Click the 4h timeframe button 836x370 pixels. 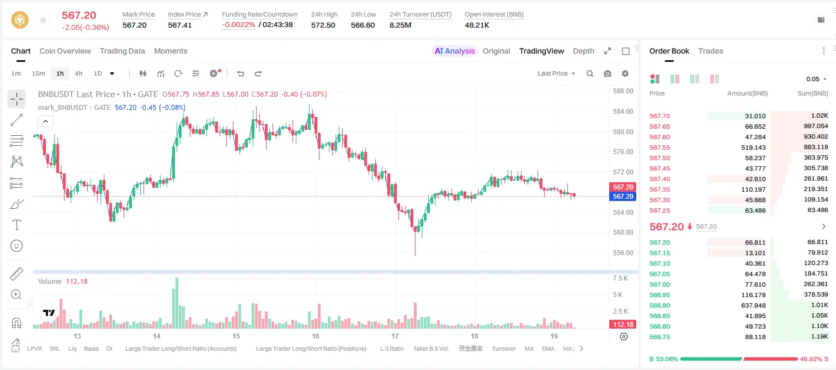point(78,73)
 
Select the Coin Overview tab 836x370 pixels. point(65,51)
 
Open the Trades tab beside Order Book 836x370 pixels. point(710,51)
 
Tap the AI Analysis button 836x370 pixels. point(455,51)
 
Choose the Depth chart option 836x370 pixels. point(583,51)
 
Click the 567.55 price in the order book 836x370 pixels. point(659,147)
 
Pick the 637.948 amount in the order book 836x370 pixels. point(753,305)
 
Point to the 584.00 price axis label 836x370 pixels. point(623,111)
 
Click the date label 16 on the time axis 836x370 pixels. point(316,336)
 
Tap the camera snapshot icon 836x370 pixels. point(607,73)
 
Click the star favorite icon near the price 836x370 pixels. point(43,20)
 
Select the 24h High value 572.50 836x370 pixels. point(323,25)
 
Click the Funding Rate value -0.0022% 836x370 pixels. point(238,25)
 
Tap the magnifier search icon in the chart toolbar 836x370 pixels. point(590,73)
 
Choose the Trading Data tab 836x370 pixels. point(122,51)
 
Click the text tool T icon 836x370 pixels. point(17,225)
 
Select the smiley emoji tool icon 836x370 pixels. point(17,246)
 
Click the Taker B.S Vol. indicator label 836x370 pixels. point(430,348)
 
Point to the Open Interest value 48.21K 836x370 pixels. point(477,25)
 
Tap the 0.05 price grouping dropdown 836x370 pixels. point(816,79)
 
